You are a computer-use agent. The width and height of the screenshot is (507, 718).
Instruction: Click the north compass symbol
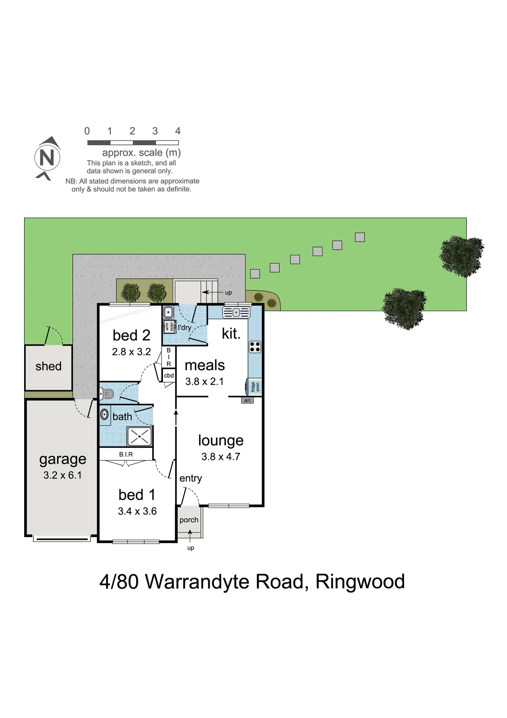point(48,158)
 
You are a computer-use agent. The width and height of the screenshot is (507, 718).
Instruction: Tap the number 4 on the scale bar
point(178,131)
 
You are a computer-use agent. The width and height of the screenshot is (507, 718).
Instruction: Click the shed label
point(49,366)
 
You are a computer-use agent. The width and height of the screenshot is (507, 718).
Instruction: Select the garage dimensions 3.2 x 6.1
point(63,475)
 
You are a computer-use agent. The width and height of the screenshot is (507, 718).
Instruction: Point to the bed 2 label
point(132,335)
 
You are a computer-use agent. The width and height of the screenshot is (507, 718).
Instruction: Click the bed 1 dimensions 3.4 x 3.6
point(137,511)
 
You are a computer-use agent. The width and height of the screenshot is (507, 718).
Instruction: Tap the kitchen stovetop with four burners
point(255,347)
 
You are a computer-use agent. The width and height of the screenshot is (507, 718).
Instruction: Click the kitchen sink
point(236,312)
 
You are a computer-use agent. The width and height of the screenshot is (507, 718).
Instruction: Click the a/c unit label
point(248,400)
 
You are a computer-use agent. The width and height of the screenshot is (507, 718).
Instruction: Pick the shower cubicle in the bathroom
point(139,436)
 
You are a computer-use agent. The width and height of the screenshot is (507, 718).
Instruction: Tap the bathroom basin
point(104,414)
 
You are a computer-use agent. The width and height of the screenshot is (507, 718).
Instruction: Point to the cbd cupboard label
point(169,376)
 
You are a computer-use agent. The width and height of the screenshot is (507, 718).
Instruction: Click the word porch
point(189,520)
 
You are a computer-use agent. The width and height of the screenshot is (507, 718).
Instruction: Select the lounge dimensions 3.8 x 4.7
point(221,457)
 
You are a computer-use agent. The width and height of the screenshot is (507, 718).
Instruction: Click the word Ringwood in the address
point(360,582)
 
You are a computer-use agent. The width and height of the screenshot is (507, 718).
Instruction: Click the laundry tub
point(168,312)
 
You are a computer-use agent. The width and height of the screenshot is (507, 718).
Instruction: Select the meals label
point(205,365)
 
